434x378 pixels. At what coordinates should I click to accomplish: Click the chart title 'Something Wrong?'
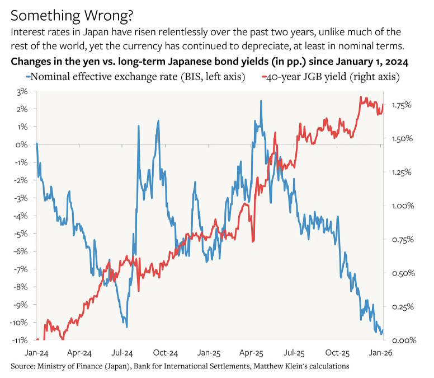coord(72,16)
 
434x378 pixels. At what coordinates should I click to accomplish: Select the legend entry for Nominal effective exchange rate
coord(135,77)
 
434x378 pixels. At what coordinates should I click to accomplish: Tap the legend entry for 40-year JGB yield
coord(331,77)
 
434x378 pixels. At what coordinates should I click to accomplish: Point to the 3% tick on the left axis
coord(22,92)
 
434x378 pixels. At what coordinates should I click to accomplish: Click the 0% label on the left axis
coord(22,144)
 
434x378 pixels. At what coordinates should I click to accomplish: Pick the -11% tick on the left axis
coord(20,340)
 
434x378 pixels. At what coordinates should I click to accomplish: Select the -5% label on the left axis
coord(21,234)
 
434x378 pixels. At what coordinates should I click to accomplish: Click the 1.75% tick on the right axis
coord(402,105)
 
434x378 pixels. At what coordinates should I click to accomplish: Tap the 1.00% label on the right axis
coord(403,206)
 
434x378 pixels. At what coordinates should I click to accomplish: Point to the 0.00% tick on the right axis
coord(404,340)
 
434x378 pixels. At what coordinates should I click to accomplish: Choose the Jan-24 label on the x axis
coord(36,353)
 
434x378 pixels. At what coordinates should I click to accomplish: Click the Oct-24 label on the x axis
coord(165,353)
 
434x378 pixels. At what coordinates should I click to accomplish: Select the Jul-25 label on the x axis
coord(294,353)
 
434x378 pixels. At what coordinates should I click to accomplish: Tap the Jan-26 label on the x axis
coord(380,353)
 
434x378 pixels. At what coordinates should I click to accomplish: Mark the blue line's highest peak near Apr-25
coord(261,101)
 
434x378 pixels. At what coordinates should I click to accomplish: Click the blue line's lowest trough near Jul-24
coord(127,327)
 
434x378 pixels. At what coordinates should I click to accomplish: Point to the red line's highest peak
coord(361,97)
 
